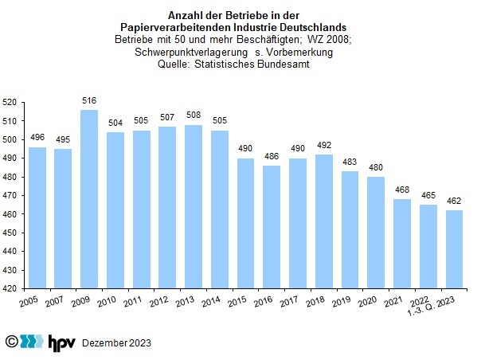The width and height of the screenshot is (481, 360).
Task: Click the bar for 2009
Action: coord(89,200)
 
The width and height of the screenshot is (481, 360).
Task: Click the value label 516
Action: coord(89,101)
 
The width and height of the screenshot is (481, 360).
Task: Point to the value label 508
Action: coord(192,116)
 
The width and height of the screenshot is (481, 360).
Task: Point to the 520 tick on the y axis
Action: coord(10,103)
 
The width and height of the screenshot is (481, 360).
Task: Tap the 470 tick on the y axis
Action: coord(10,196)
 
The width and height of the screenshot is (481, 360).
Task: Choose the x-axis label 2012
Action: coord(158,302)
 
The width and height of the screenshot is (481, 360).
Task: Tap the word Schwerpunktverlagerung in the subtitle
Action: coord(184,52)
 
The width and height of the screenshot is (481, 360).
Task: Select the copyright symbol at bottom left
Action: coord(11,342)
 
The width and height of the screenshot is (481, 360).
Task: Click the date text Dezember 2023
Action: coord(116,342)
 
